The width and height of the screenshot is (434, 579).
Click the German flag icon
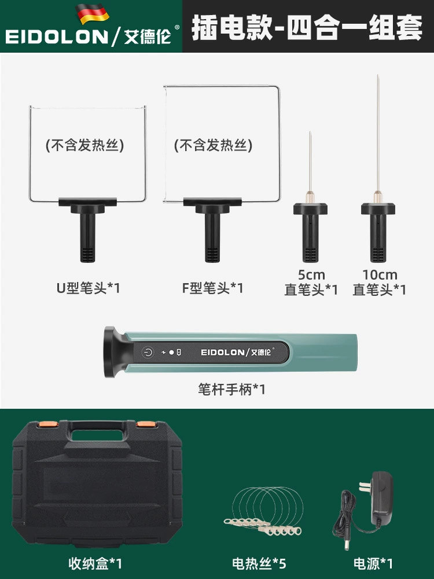tap(92, 14)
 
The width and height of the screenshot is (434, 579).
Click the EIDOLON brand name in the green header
tap(57, 37)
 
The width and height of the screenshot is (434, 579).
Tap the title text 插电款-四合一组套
tap(307, 27)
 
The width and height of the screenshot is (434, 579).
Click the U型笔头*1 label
tap(88, 288)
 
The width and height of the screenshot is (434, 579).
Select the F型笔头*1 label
tap(212, 288)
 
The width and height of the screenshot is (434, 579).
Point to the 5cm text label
tap(311, 274)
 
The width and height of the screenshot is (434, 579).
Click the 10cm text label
tap(380, 274)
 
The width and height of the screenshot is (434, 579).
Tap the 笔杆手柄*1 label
tap(231, 389)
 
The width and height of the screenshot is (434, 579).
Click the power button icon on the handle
tap(148, 352)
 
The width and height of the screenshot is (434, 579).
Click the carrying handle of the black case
tap(97, 432)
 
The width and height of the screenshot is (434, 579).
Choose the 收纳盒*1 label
tap(95, 563)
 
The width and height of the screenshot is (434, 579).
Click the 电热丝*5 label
tap(259, 563)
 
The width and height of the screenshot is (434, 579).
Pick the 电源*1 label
tap(373, 563)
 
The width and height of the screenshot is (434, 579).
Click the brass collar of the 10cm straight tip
tap(377, 197)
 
